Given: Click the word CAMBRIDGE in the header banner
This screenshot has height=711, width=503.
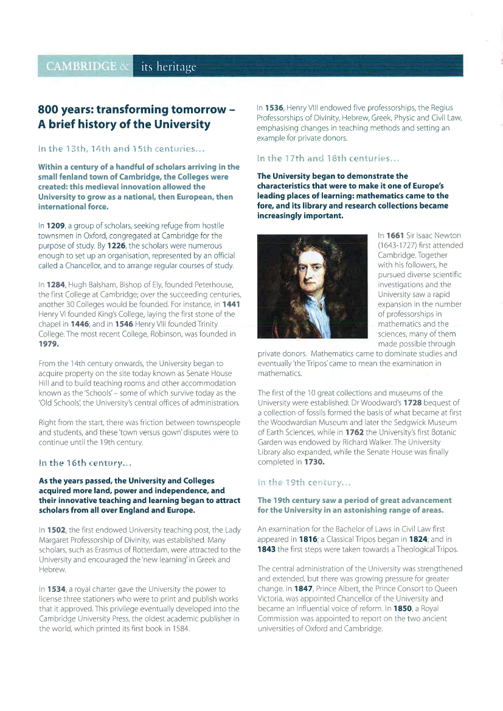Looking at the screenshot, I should point(81,66).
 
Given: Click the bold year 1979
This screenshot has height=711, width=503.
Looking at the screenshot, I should point(49,344).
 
